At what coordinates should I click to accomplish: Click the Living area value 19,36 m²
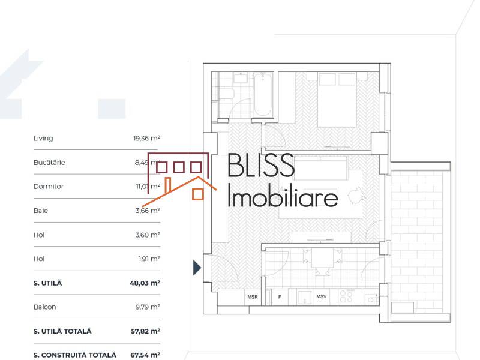pos(146,139)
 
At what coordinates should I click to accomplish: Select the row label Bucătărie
pos(49,163)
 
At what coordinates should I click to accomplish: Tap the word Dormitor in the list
pos(49,187)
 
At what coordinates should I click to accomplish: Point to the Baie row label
pos(41,211)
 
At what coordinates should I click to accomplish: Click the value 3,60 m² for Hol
pos(147,235)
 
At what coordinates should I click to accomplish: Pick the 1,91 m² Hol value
pos(148,259)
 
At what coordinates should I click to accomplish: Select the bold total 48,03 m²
pos(145,283)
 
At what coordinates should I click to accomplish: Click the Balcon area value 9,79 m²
pos(147,307)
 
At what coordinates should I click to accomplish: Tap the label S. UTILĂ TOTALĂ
pos(63,331)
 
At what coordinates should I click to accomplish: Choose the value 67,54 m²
pos(145,355)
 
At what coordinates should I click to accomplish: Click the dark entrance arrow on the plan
pos(197,268)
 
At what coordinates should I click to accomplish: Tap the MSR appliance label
pos(252,297)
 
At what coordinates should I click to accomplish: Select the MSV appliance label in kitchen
pos(322,297)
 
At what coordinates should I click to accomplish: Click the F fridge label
pos(279,297)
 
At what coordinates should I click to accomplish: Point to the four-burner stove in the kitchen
pos(347,296)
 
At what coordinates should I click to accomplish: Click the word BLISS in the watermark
pos(261,165)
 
